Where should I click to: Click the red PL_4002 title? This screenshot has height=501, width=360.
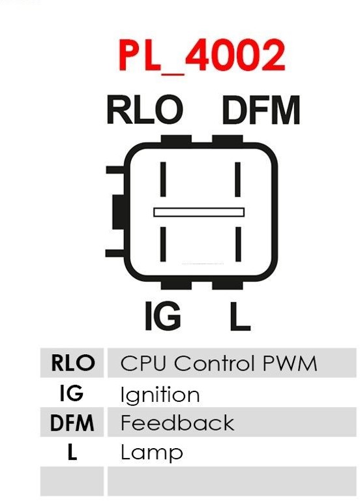click(x=202, y=56)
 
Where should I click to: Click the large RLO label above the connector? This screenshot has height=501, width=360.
click(x=145, y=110)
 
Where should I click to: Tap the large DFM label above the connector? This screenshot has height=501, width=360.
click(x=261, y=110)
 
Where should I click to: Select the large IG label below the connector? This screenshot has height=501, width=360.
click(x=162, y=315)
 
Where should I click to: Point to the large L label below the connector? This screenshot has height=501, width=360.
click(x=239, y=316)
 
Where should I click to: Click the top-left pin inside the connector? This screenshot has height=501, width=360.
click(x=163, y=179)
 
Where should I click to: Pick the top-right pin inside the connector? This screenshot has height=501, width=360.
click(x=237, y=179)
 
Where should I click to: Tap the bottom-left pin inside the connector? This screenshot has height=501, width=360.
click(x=163, y=244)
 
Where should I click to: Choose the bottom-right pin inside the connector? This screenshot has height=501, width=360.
click(x=238, y=244)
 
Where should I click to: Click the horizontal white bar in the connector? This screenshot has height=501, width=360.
click(x=199, y=212)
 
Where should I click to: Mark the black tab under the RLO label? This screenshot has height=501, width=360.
click(x=176, y=139)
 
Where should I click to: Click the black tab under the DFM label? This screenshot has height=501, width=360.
click(x=228, y=139)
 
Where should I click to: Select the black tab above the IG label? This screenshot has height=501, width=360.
click(x=176, y=285)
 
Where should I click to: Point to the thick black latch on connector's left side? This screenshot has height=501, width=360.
click(x=117, y=212)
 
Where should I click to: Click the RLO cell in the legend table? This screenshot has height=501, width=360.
click(x=72, y=363)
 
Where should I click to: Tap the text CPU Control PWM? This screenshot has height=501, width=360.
click(x=219, y=363)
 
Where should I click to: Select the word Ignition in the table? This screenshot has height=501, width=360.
click(x=160, y=395)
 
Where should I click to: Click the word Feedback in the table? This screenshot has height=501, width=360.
click(x=177, y=423)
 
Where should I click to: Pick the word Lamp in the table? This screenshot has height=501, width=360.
click(x=152, y=453)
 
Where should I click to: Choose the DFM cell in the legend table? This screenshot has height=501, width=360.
click(x=72, y=422)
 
